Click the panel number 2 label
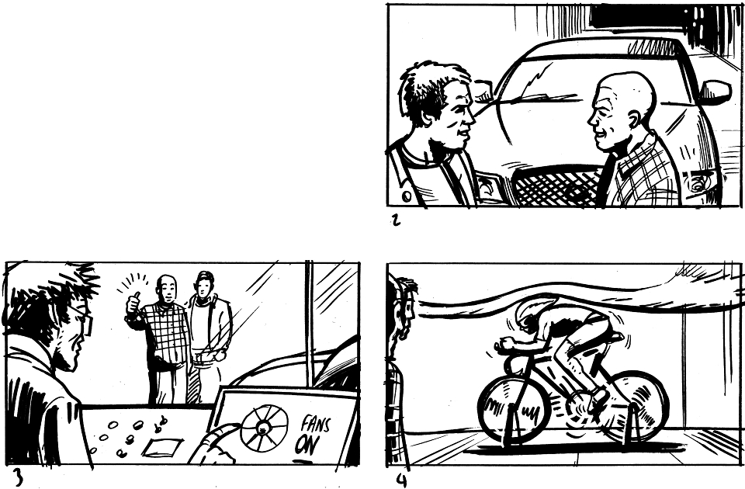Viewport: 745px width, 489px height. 395,220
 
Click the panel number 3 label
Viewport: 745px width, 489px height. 18,477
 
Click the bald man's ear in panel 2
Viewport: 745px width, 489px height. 634,120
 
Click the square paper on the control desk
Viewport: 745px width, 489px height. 163,447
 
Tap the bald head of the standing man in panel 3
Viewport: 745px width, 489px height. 165,283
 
